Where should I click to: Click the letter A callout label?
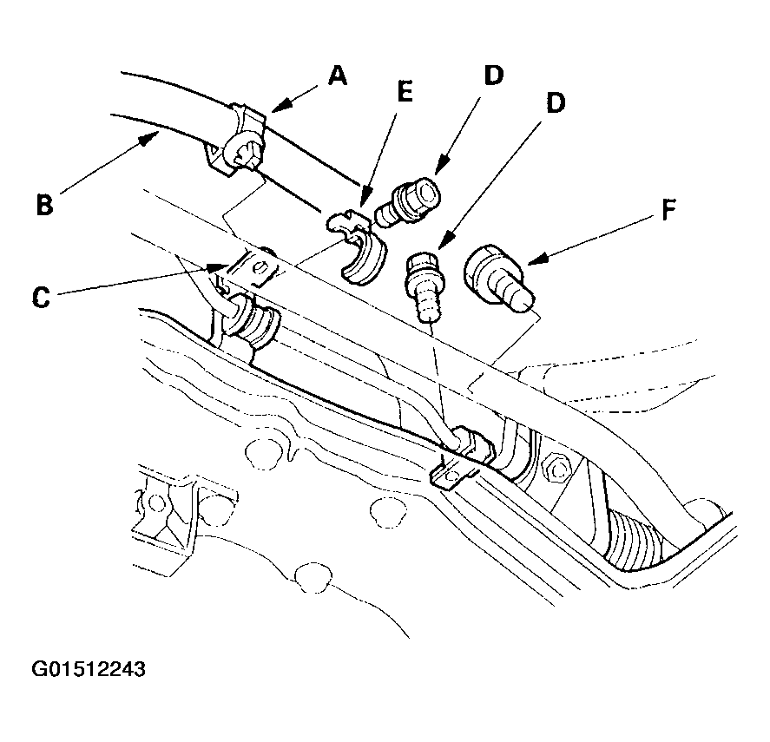[338, 76]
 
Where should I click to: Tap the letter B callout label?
[44, 204]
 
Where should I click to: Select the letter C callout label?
[42, 297]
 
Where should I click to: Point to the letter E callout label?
[405, 92]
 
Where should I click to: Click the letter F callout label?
[668, 210]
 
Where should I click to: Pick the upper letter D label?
[494, 76]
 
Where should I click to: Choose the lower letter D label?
[556, 103]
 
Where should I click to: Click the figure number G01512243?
[89, 669]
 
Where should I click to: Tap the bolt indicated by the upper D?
[407, 201]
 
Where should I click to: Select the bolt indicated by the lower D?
[425, 286]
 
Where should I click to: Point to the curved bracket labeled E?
[358, 246]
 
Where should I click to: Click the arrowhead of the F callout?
[536, 259]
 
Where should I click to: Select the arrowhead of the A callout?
[280, 107]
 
